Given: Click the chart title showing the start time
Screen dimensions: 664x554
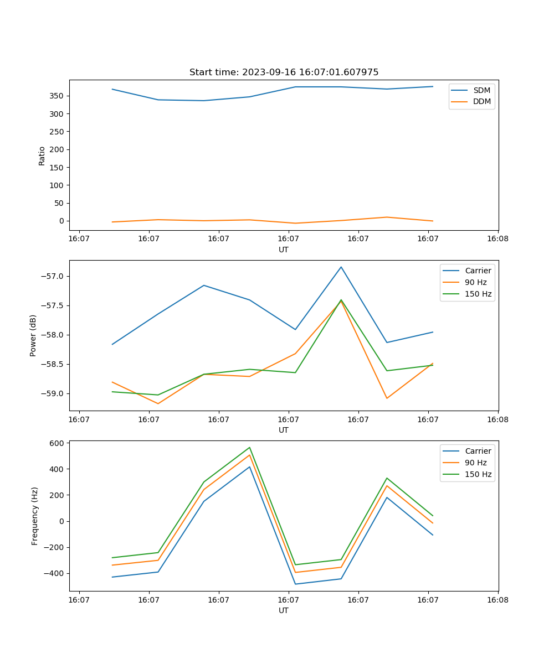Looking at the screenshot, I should coord(284,72).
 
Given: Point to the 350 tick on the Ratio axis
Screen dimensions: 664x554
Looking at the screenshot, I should coord(58,96).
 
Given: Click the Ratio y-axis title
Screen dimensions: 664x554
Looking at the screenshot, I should coord(42,155).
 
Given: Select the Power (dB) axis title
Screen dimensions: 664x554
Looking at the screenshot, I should coord(33,335).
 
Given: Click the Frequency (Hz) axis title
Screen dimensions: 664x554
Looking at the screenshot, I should coord(34,516).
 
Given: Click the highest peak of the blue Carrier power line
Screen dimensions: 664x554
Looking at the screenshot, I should coord(341,267).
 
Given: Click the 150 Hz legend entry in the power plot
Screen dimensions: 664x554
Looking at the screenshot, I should coord(478,294).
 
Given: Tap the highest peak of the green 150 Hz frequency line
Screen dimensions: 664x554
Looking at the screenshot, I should coord(250,447).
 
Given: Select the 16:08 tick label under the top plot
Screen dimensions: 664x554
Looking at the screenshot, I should coord(497,239).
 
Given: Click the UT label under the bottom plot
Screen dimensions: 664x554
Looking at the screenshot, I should coord(284,610).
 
